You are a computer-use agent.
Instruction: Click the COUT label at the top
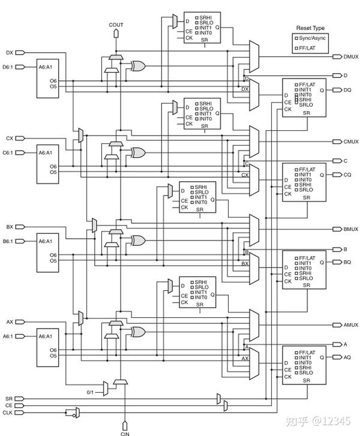(116, 25)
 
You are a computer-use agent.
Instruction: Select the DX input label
(10, 53)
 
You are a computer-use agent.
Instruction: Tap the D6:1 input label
(9, 67)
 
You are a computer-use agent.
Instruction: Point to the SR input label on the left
(8, 398)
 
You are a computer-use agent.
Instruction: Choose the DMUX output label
(350, 56)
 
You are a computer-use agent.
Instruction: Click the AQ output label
(347, 357)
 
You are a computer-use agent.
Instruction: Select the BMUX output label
(350, 230)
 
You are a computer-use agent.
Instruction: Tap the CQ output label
(347, 175)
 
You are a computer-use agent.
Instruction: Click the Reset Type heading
(310, 28)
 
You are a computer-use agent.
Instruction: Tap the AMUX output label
(350, 324)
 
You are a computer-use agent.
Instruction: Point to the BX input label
(10, 227)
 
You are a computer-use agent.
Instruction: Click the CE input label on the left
(8, 405)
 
